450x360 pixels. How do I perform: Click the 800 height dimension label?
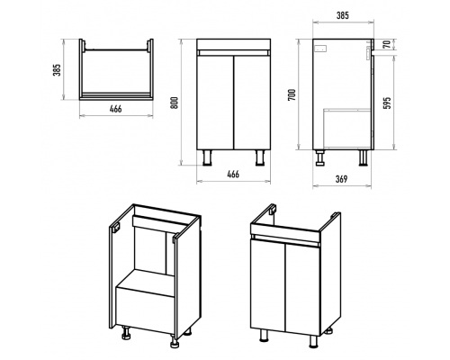pos(175,103)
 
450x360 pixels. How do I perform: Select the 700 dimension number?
pos(292,94)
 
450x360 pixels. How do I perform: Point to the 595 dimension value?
pos(388,103)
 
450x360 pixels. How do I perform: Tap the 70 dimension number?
pos(388,44)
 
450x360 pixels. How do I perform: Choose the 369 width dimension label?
pos(341,179)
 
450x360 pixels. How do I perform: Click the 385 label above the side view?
pos(343,15)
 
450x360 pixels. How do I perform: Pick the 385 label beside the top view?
pos(57,69)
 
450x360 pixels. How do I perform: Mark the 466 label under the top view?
pos(115,109)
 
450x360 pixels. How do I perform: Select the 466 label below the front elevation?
pos(233,174)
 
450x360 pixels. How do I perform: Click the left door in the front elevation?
pos(215,103)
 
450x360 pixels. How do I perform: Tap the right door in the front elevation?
pos(252,103)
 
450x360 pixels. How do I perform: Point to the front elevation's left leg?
pos(208,157)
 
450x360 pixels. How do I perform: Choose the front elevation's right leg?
pos(260,157)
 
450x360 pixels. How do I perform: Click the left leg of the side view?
pos(320,157)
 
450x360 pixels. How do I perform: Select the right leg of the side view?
pos(364,157)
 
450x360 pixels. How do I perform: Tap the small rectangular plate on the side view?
pos(319,48)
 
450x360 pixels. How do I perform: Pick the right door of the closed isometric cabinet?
pos(303,287)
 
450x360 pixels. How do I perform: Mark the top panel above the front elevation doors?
pos(234,44)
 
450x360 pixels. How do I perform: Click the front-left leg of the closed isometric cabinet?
pos(263,335)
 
